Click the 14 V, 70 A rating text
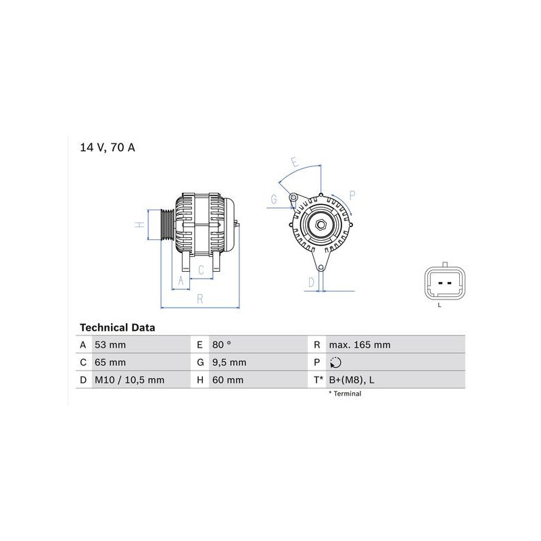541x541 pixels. click(108, 147)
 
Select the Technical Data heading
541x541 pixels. click(117, 327)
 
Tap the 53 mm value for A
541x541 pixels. click(110, 345)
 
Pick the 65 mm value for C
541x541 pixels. click(110, 362)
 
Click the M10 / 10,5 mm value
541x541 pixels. click(129, 380)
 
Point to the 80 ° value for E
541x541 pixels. click(222, 345)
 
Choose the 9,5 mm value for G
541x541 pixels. click(229, 362)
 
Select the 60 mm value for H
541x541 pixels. click(228, 380)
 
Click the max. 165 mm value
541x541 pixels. click(360, 345)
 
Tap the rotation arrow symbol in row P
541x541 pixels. click(335, 362)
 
